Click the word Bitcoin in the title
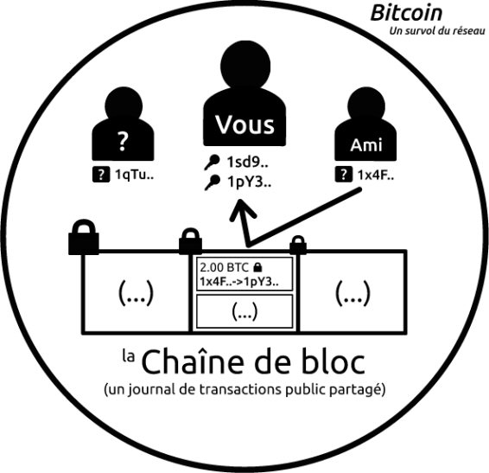[x=406, y=13]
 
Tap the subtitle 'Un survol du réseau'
[x=437, y=31]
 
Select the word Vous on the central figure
[x=244, y=125]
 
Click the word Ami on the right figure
[x=366, y=145]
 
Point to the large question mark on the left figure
[x=123, y=141]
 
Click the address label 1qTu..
[x=135, y=175]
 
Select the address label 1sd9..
[x=248, y=162]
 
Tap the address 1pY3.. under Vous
[x=249, y=182]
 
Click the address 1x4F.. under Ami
[x=376, y=176]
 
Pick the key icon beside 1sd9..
[x=212, y=163]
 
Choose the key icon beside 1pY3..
[x=213, y=182]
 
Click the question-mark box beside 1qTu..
[x=101, y=175]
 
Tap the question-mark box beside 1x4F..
[x=344, y=174]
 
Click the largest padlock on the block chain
[x=84, y=237]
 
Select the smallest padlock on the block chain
[x=298, y=246]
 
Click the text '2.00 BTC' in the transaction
[x=225, y=267]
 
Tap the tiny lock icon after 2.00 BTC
[x=257, y=267]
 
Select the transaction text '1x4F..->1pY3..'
[x=239, y=282]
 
